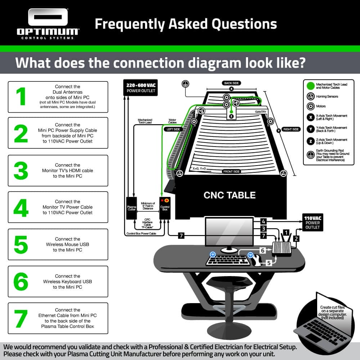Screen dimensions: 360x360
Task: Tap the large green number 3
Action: [x=21, y=171]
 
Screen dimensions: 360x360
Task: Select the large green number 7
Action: [x=21, y=319]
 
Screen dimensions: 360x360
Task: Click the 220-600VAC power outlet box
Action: [x=140, y=88]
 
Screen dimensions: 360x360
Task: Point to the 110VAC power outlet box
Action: [x=312, y=222]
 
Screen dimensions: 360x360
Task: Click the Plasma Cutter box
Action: [x=131, y=208]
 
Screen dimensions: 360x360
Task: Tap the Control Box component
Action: [x=165, y=208]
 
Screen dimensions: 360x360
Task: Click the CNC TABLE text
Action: [x=230, y=195]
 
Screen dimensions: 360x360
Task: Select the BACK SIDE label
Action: [x=231, y=83]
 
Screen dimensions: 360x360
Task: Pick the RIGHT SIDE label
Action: [x=291, y=129]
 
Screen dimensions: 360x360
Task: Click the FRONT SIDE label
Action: [x=231, y=171]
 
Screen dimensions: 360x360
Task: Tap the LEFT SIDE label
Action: [x=174, y=129]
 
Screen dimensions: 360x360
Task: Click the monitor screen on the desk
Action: [x=229, y=231]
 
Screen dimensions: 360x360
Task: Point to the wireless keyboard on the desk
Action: [x=228, y=260]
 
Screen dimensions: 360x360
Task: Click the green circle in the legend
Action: [x=311, y=86]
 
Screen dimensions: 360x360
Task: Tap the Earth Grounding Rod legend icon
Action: [x=311, y=155]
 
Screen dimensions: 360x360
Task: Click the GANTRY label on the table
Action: [x=261, y=112]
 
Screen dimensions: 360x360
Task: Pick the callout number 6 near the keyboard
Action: [x=263, y=250]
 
